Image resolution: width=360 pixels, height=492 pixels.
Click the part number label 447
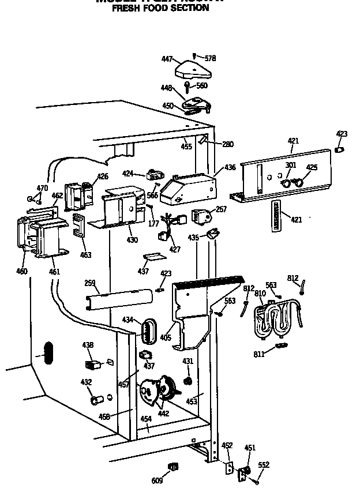click(167, 59)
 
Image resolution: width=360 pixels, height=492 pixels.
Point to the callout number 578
click(210, 58)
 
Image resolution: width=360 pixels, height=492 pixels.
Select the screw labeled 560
click(188, 87)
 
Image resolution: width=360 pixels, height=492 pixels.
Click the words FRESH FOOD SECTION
click(160, 8)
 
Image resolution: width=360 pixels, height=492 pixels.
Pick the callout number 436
click(230, 167)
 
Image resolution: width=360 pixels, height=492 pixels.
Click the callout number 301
click(290, 165)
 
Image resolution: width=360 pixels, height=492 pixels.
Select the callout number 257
click(221, 209)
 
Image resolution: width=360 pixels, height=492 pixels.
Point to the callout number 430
click(133, 240)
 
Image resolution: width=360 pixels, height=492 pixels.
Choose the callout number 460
click(22, 271)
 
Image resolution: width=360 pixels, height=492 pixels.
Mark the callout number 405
click(166, 337)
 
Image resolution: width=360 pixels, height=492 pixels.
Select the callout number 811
click(260, 354)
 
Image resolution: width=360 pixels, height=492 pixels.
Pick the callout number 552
click(263, 465)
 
